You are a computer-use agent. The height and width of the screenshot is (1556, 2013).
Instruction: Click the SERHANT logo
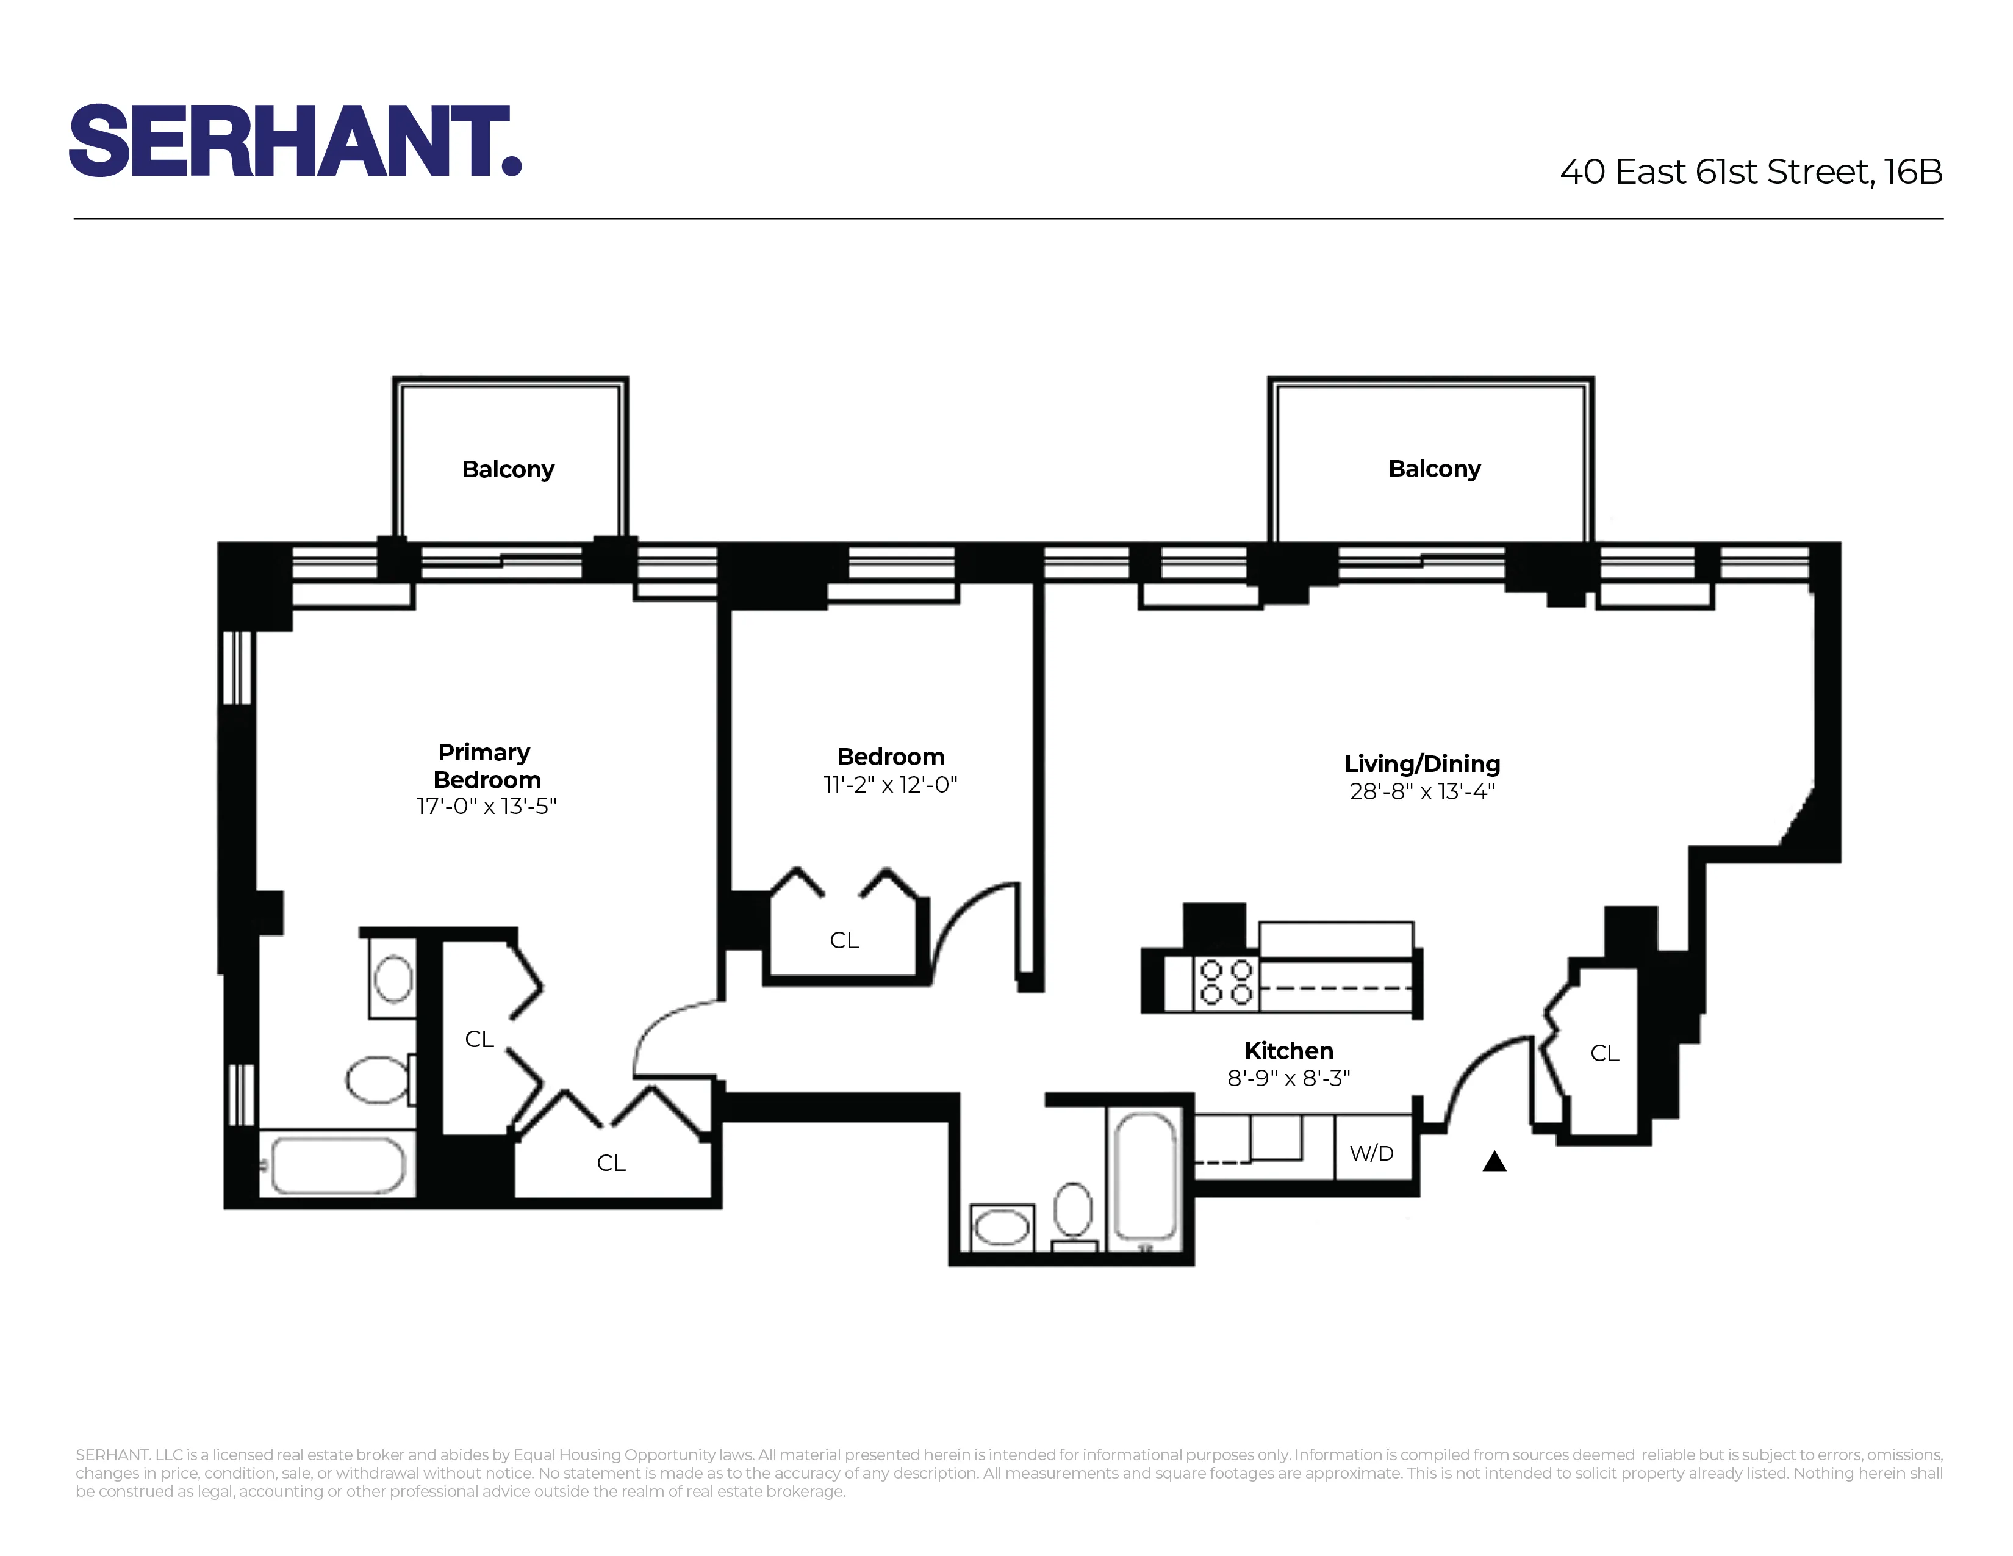tap(295, 140)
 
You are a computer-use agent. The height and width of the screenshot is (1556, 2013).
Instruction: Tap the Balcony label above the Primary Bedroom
tap(508, 469)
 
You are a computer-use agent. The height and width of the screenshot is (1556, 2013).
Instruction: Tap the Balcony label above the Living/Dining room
tap(1434, 468)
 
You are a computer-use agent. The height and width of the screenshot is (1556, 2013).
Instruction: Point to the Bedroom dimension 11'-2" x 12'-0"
tap(891, 785)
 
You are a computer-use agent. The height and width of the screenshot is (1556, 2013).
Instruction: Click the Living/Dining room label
tap(1422, 763)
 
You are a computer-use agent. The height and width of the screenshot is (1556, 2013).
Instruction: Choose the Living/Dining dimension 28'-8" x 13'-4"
tap(1422, 791)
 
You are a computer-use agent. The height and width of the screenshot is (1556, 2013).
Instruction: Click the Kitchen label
tap(1288, 1050)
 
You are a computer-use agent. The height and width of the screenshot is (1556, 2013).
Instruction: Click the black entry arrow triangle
tap(1494, 1162)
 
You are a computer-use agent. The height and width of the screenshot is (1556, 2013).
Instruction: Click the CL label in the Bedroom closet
tap(844, 940)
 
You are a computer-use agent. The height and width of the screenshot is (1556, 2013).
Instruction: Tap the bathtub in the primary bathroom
tap(337, 1165)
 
